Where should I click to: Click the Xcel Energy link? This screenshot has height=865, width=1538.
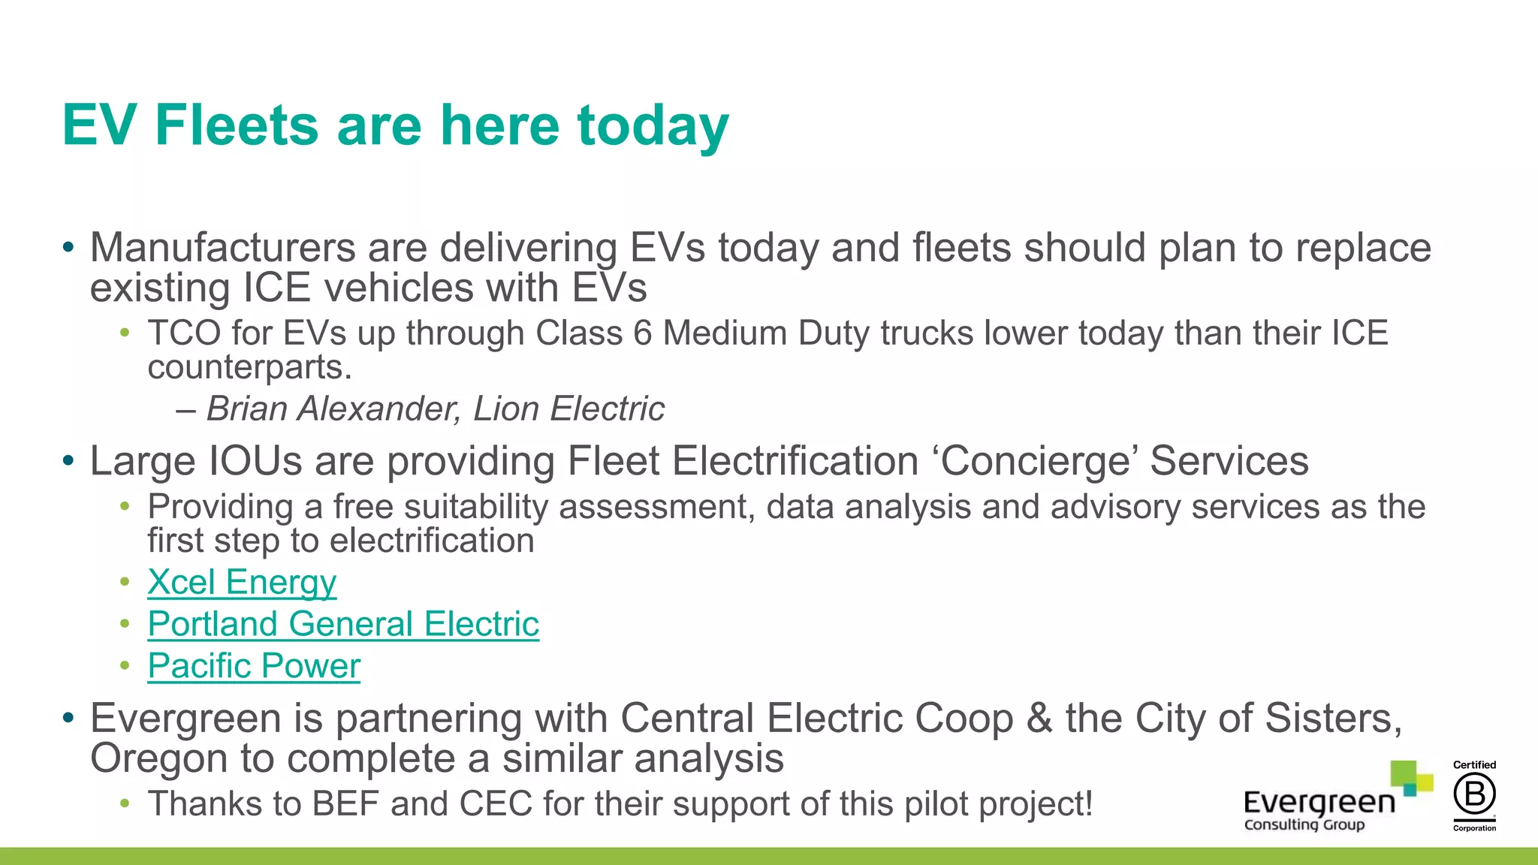tap(242, 583)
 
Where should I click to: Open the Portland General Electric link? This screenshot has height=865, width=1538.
tap(343, 625)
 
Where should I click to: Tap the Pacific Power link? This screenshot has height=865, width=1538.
tap(254, 667)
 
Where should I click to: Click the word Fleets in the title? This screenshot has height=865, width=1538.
tap(237, 125)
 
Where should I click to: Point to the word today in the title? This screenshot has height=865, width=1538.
tap(653, 125)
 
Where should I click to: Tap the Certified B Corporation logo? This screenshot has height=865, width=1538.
tap(1474, 796)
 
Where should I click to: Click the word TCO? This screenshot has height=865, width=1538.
tap(184, 333)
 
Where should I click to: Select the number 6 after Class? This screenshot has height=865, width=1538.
tap(642, 333)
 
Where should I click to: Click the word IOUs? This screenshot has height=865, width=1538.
tap(255, 461)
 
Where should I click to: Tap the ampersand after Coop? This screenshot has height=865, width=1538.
tap(1039, 719)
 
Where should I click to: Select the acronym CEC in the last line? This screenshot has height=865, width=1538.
tap(496, 804)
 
